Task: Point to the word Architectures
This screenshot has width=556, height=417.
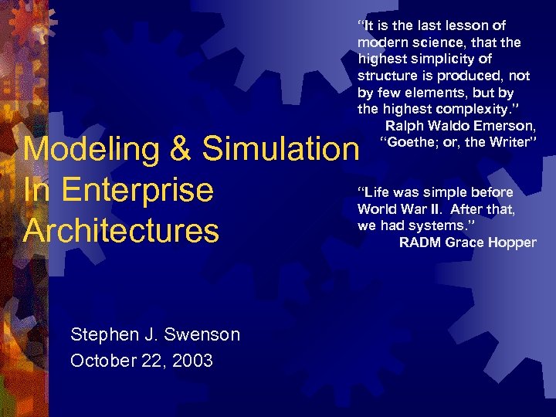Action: (x=121, y=231)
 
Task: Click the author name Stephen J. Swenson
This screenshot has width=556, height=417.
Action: (x=154, y=334)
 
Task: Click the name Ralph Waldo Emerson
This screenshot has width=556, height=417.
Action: (x=460, y=126)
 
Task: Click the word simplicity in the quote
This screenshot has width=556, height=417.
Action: (x=456, y=59)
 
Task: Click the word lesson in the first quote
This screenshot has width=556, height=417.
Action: (x=470, y=25)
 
